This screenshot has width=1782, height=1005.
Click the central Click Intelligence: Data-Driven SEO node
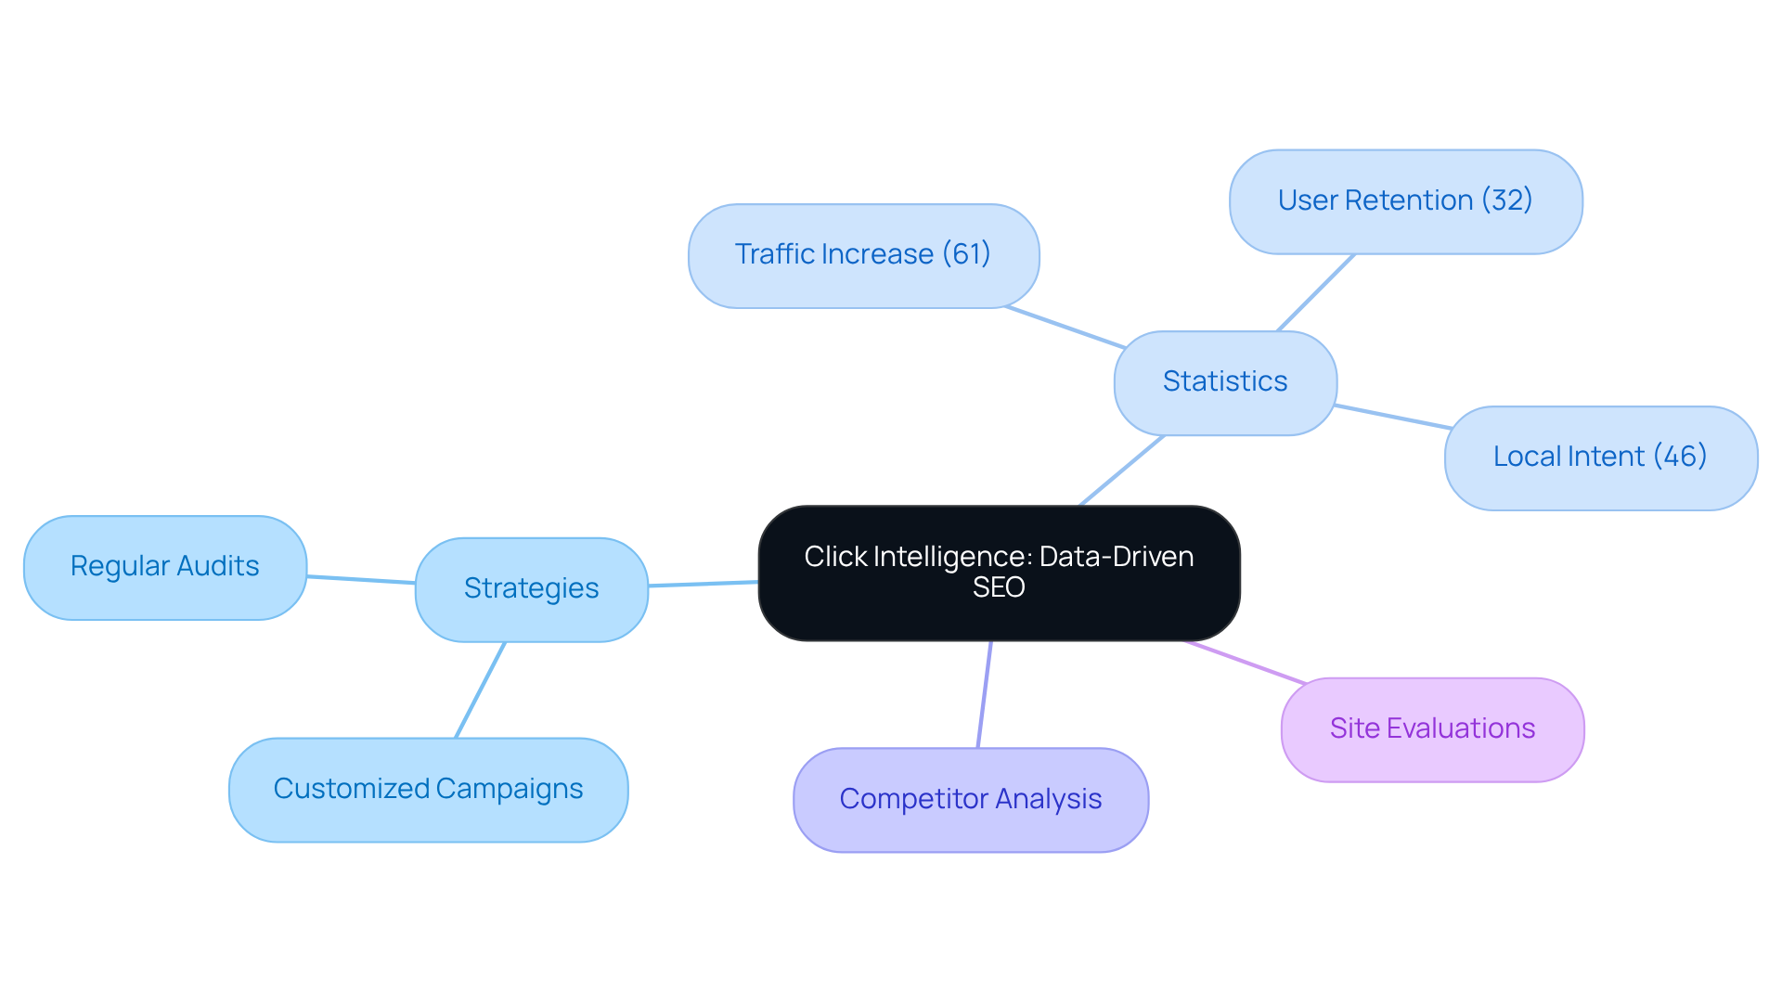click(x=999, y=573)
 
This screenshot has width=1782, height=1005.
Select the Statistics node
click(x=1224, y=382)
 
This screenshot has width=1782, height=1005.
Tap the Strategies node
click(x=531, y=589)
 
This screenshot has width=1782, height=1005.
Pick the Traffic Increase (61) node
click(x=862, y=255)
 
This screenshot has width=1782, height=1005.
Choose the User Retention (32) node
click(x=1404, y=201)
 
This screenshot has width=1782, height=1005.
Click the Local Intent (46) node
click(x=1600, y=457)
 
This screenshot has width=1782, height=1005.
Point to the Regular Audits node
click(x=164, y=567)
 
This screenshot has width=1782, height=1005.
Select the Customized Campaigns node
click(x=428, y=790)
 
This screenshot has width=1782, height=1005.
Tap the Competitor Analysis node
click(x=970, y=800)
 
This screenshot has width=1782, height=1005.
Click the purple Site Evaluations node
click(x=1431, y=729)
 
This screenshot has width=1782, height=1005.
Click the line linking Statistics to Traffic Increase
click(x=1065, y=328)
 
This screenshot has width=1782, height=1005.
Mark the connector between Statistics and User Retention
click(x=1315, y=293)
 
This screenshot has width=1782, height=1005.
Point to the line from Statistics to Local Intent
click(x=1392, y=417)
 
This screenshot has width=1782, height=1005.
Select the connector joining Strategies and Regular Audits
click(x=361, y=580)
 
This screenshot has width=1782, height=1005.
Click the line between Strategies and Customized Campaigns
click(x=480, y=690)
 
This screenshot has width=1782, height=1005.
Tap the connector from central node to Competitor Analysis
click(x=985, y=694)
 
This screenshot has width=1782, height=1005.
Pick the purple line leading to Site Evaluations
click(x=1246, y=663)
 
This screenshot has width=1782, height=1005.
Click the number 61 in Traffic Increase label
click(x=966, y=253)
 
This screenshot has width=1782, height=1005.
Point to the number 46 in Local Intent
click(x=1680, y=456)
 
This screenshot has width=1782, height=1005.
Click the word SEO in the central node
click(x=999, y=587)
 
